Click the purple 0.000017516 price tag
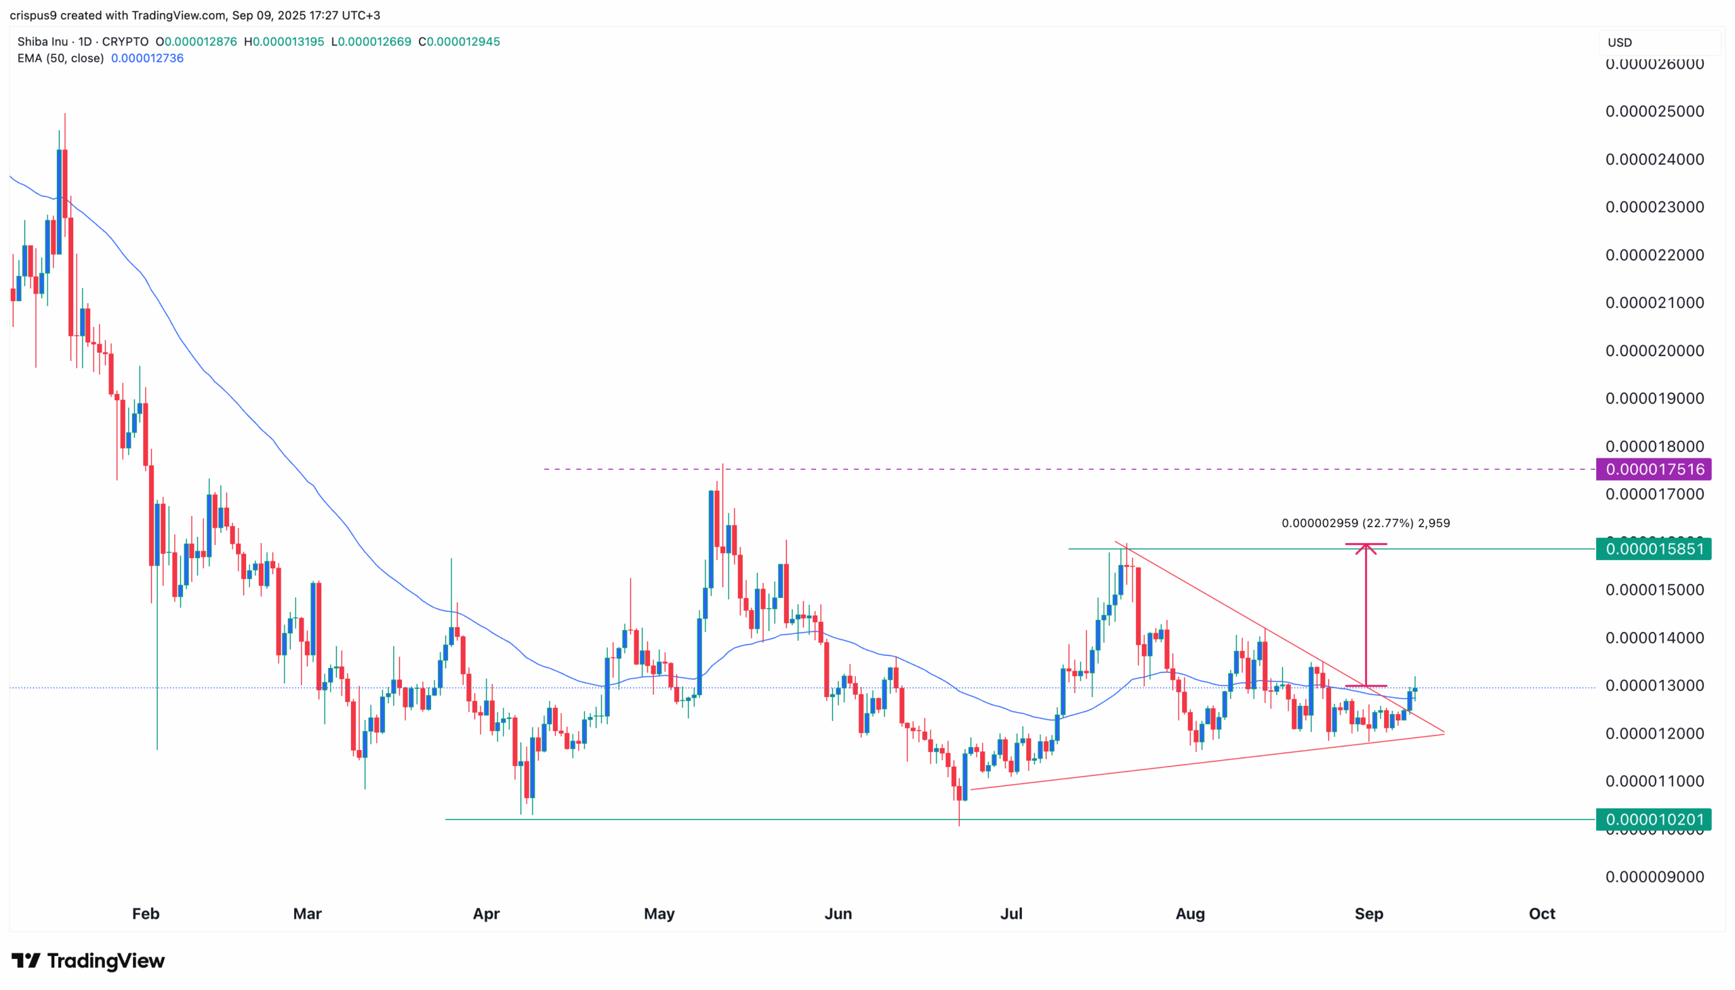point(1653,469)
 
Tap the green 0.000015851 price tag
point(1653,549)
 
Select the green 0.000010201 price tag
point(1653,819)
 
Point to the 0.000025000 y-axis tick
point(1654,111)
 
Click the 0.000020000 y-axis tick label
point(1654,351)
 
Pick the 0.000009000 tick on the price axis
point(1654,877)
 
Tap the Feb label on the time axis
point(146,913)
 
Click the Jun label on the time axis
point(838,913)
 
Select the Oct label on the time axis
point(1541,913)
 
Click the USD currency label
point(1620,42)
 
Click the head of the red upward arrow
point(1366,547)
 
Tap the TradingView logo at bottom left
point(88,960)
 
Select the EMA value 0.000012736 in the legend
point(148,58)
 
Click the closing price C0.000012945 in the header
point(460,41)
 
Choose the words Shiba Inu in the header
point(42,41)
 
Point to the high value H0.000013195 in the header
point(284,41)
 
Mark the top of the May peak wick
point(722,464)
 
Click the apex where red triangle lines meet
point(1444,733)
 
